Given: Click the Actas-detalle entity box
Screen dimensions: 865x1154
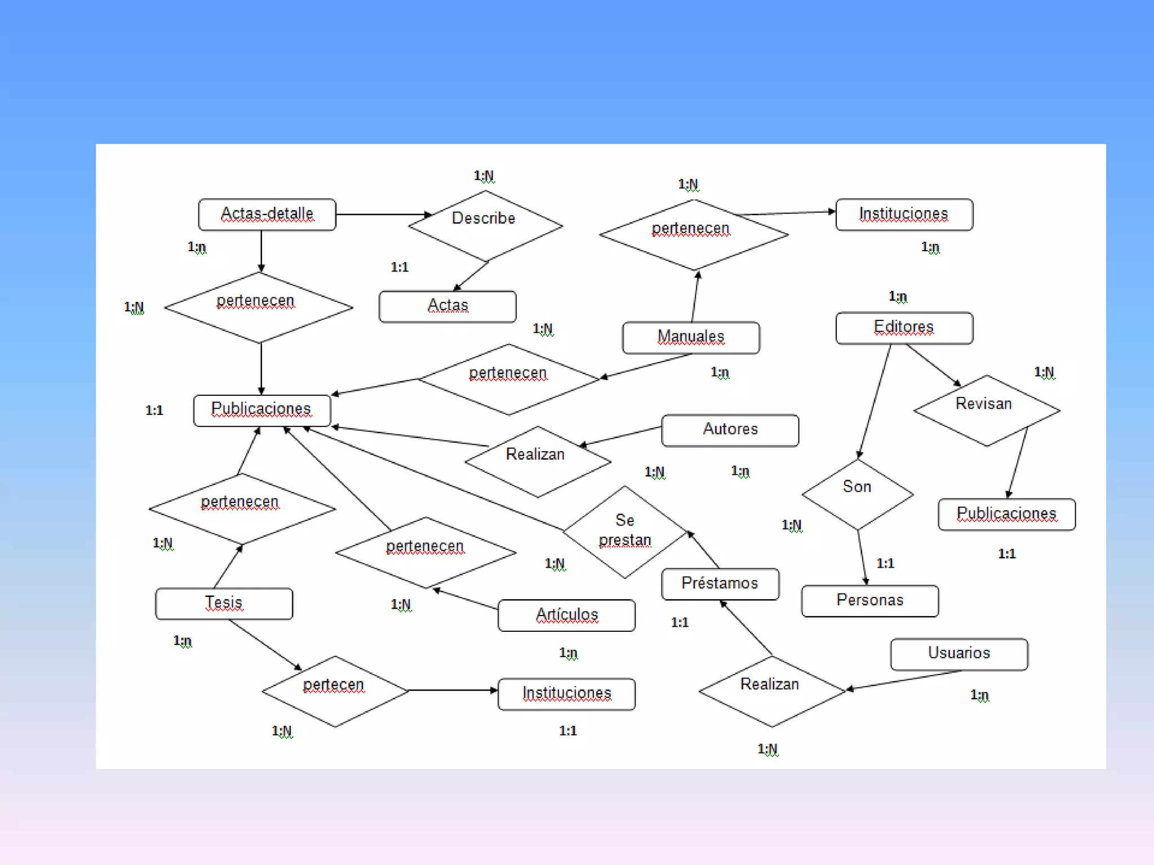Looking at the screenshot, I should pos(267,215).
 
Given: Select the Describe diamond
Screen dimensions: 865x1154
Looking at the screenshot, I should pos(485,225).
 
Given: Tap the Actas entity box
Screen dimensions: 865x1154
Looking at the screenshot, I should pos(447,306).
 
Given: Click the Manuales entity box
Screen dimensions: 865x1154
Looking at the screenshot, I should pos(691,337).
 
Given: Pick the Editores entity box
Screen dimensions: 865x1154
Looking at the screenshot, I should pos(904,328).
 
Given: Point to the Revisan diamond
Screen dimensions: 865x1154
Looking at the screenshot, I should pos(987,410).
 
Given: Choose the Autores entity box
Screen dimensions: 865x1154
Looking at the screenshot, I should pos(730,430).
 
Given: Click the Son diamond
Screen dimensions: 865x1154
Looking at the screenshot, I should pos(858,494).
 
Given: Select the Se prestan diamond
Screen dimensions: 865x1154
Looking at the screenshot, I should pos(625,531).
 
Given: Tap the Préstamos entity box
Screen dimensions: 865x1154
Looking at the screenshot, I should pos(720,584).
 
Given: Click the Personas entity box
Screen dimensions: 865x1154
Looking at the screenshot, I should pos(869,601).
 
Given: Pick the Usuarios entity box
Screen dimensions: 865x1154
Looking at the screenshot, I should pos(958,654).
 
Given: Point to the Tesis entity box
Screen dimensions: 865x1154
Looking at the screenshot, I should pos(224,604).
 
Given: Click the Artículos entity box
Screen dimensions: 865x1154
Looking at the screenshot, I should pos(566,615).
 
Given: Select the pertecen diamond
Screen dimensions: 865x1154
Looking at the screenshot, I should pos(335,691).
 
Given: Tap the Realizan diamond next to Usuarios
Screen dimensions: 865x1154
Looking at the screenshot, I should pos(771,691).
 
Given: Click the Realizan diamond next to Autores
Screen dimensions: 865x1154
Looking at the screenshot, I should pos(537,461).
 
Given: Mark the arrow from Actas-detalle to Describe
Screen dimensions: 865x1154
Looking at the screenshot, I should pos(383,215).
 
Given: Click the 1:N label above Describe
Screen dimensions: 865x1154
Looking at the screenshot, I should pos(484,176).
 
